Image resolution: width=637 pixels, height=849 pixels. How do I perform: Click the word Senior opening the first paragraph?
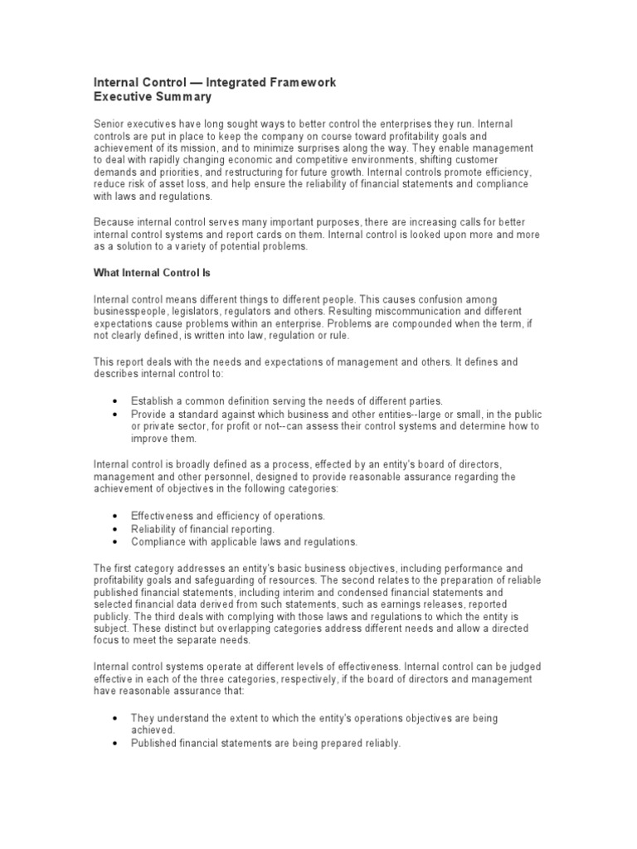(x=109, y=123)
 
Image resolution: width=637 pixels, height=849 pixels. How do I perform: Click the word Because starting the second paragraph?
(x=113, y=221)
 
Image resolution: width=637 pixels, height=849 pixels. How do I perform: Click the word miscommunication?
(x=433, y=309)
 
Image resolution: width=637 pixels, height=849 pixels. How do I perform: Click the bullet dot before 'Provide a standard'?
(x=114, y=414)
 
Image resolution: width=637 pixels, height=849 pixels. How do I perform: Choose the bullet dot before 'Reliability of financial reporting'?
(x=114, y=529)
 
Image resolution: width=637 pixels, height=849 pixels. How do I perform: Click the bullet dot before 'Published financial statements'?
(x=114, y=744)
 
